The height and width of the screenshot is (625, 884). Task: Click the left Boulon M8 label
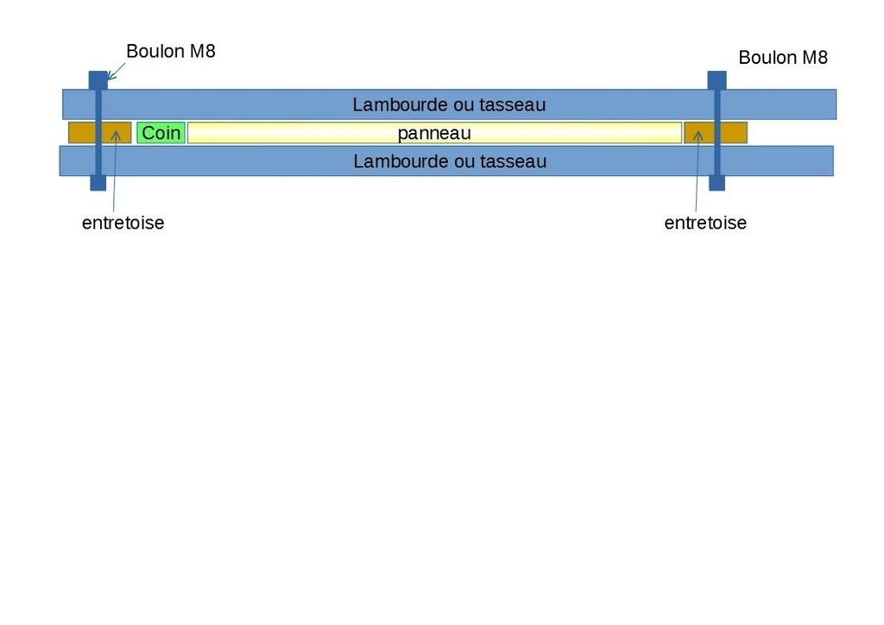tap(171, 51)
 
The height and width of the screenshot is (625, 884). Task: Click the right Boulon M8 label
tap(783, 58)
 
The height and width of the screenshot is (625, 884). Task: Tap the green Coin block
tap(161, 133)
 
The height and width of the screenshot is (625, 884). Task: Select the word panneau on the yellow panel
tap(434, 134)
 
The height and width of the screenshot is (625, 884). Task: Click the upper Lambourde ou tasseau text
tap(449, 104)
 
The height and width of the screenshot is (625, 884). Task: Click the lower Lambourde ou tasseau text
tap(450, 161)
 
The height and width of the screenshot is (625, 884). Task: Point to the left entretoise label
tap(123, 223)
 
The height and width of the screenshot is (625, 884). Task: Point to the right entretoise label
tap(705, 223)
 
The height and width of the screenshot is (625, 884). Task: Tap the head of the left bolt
tap(98, 80)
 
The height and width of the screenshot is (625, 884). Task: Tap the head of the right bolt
tap(717, 80)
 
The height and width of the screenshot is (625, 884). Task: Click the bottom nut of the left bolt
tap(98, 183)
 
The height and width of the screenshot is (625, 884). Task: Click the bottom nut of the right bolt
tap(717, 183)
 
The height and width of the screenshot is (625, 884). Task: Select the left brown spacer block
tap(100, 133)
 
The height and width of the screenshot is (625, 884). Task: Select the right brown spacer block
tap(716, 133)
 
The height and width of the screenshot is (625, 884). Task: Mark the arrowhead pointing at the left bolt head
tap(110, 76)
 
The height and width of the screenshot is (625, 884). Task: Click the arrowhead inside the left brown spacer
tap(116, 136)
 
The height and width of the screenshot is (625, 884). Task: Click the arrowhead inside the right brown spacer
tap(698, 136)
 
